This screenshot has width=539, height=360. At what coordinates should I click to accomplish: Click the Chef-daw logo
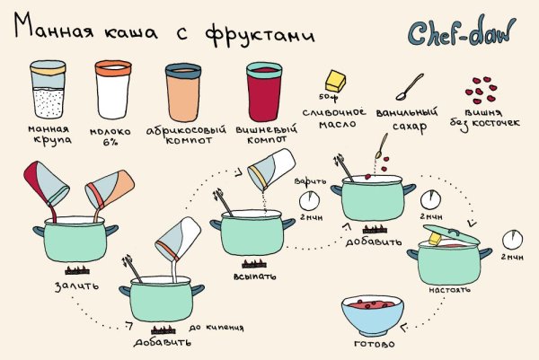pos(464,33)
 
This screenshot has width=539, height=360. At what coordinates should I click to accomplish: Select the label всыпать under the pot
pos(252,277)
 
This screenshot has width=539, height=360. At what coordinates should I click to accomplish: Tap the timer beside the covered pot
pos(512,238)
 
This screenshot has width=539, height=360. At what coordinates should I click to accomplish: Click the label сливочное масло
pos(341,118)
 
